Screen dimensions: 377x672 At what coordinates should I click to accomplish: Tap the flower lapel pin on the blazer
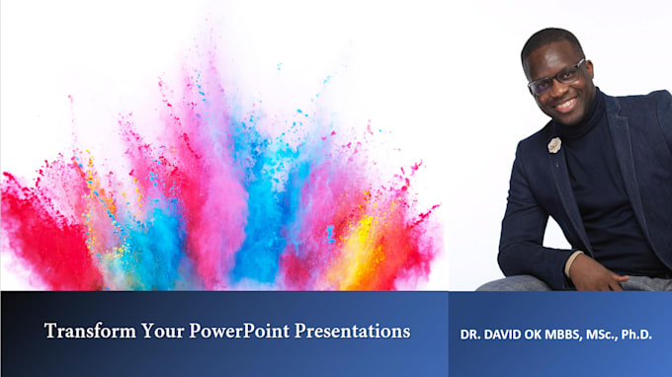coord(554,145)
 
